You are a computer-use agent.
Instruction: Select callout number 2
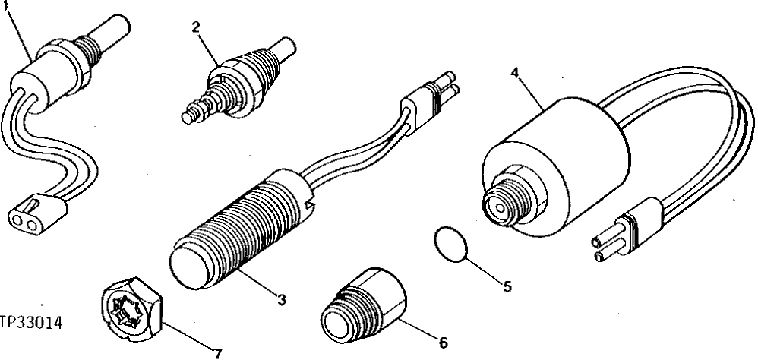click(195, 27)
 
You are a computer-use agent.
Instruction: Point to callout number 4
click(515, 73)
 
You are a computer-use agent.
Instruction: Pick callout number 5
click(507, 286)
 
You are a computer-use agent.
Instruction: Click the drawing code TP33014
click(30, 322)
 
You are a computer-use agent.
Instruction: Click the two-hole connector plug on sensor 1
click(33, 213)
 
